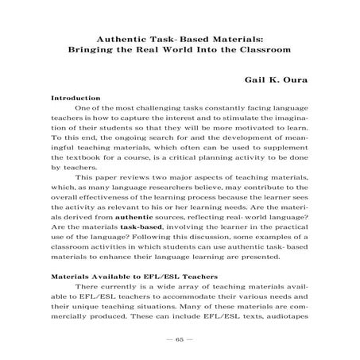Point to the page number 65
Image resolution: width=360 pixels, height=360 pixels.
[180, 337]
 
